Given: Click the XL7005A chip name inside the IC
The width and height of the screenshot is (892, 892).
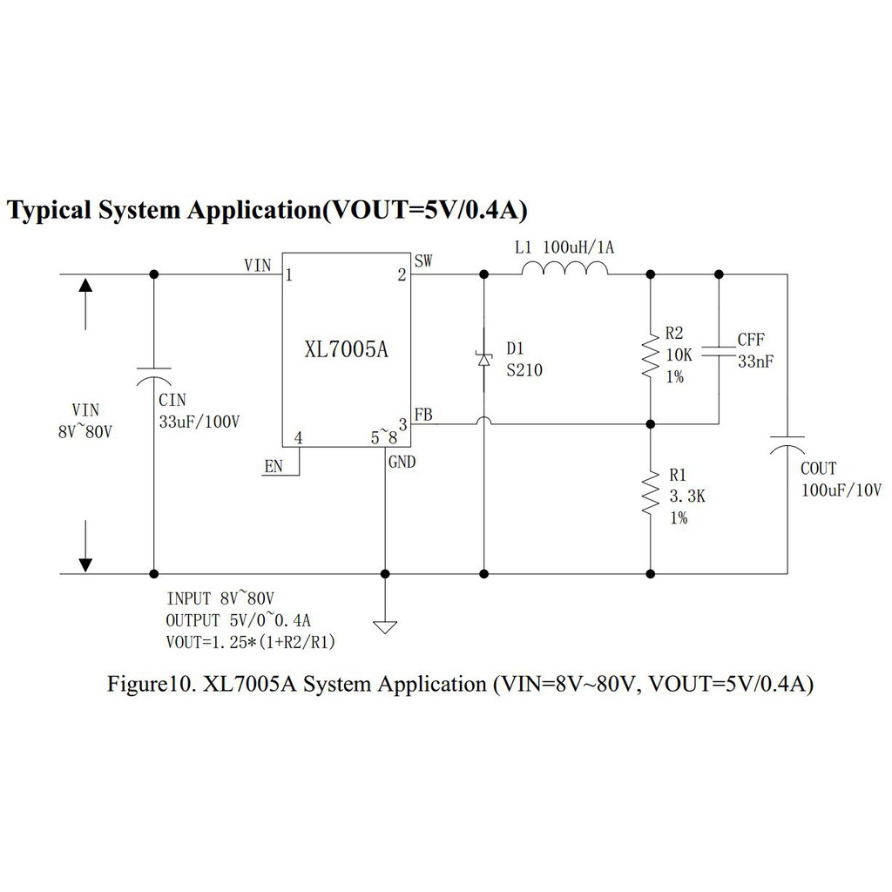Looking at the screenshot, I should [345, 350].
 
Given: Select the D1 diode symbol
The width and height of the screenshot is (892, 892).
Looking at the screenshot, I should [484, 360].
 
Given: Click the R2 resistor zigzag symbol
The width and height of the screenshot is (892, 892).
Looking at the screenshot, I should [650, 356].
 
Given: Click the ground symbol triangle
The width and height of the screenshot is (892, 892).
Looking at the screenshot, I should [385, 626].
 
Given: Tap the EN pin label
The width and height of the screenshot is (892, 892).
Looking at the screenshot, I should [274, 468].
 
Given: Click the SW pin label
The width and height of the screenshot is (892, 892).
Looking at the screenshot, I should [424, 260].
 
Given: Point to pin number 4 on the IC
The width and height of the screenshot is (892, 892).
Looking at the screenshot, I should [299, 438].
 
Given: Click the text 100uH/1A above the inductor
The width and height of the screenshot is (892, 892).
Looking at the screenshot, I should [578, 247].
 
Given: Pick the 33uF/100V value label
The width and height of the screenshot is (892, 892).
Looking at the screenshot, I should [199, 421].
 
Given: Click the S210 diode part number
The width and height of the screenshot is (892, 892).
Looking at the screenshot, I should [524, 370].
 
